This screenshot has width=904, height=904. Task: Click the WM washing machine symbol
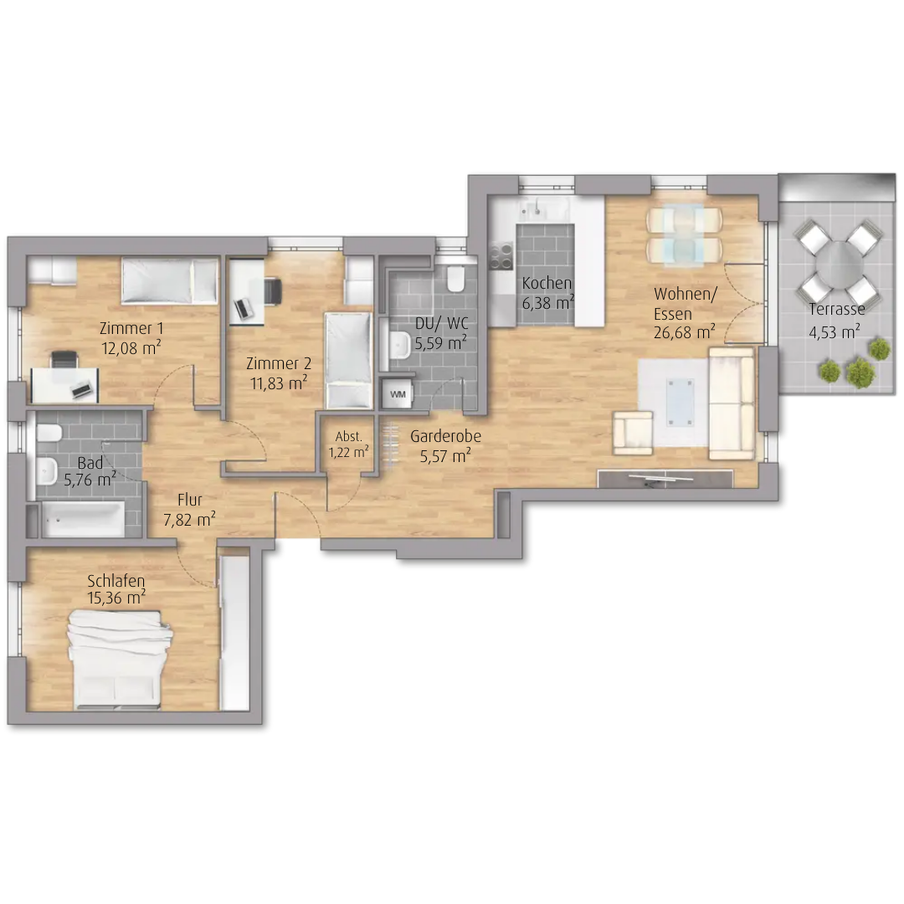(x=398, y=394)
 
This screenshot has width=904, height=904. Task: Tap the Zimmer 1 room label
(x=131, y=329)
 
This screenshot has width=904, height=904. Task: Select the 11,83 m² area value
(x=279, y=383)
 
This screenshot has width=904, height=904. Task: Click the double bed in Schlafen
(x=121, y=659)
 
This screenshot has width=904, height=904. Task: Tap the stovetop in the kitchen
(x=501, y=255)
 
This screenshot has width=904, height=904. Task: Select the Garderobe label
(x=445, y=436)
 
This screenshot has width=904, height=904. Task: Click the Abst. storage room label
(x=348, y=436)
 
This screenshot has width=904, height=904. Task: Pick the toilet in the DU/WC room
(x=455, y=279)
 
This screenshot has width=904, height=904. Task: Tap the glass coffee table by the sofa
(x=680, y=402)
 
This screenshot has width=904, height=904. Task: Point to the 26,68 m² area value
(x=685, y=331)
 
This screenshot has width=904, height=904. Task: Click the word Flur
(x=190, y=499)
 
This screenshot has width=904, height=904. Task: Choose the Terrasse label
(x=836, y=310)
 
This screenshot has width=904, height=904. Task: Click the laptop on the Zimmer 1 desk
(x=82, y=390)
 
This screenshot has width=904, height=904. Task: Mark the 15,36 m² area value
(x=116, y=598)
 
